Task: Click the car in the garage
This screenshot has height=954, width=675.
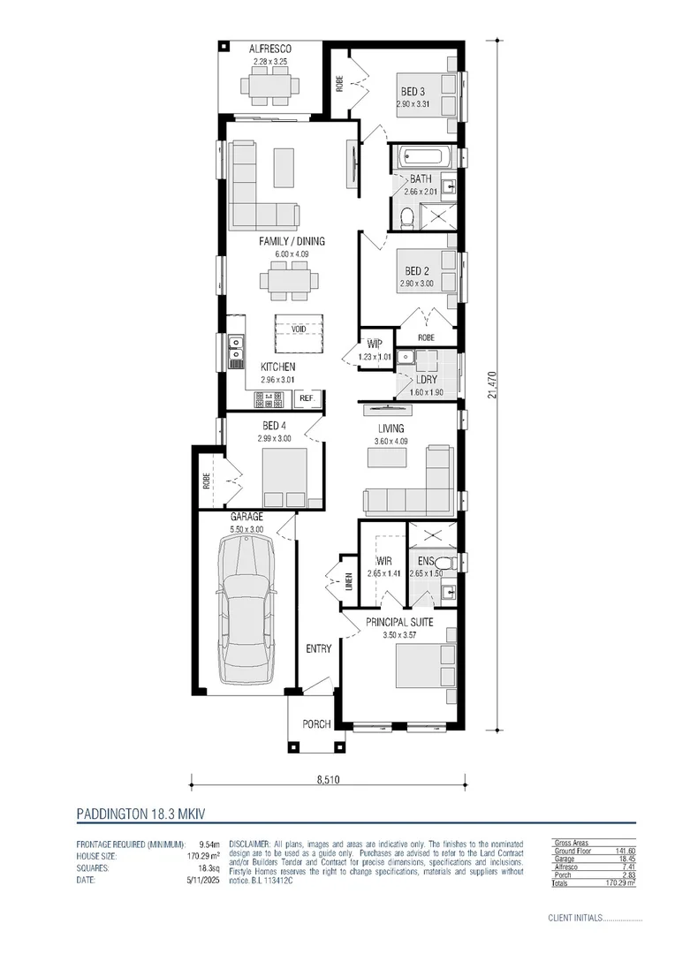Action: tap(246, 609)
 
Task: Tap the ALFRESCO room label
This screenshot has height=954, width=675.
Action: tap(270, 49)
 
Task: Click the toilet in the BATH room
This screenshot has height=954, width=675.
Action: tap(407, 216)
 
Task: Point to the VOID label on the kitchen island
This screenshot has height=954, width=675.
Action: tap(299, 329)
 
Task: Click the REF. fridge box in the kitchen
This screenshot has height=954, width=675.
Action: tap(307, 399)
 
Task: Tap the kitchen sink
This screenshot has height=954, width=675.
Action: tap(236, 352)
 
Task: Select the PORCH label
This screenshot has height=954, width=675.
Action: tap(316, 724)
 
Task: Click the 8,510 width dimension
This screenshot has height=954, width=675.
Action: tap(328, 780)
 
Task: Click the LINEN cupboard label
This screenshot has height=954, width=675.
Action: tap(349, 580)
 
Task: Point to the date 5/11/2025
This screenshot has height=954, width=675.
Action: tap(202, 878)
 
